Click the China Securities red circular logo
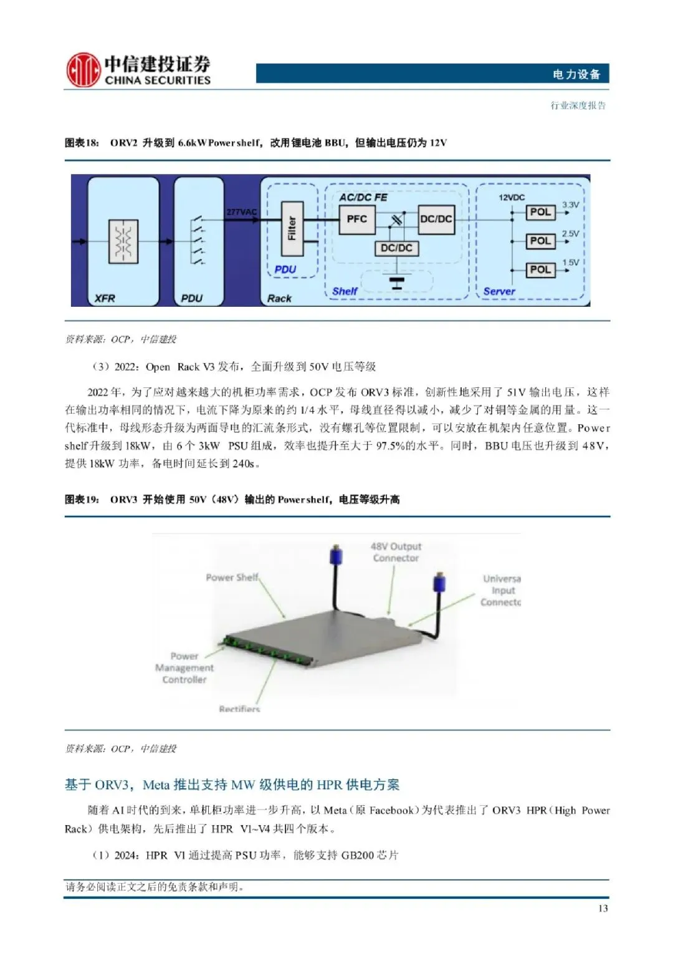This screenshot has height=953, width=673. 83,69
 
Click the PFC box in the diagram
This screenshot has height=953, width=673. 356,220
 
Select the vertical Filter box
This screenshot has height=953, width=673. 292,228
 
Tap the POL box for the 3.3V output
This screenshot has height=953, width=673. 540,212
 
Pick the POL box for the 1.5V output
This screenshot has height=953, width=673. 540,269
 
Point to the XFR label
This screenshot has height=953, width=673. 105,298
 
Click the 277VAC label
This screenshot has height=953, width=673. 241,212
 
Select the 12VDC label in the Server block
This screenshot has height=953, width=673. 512,198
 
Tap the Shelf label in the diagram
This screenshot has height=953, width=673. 345,291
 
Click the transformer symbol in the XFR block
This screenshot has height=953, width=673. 123,240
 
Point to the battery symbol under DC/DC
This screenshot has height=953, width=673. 396,282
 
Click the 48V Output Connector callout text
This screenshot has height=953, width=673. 396,552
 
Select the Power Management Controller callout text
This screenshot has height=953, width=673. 184,668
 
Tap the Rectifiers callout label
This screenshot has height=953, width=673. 239,709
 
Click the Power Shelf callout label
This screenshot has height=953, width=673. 232,578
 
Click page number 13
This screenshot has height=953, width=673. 603,908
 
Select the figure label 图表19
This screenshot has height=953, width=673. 82,500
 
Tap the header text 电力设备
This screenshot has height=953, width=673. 576,74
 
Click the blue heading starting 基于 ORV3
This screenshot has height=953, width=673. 232,785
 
